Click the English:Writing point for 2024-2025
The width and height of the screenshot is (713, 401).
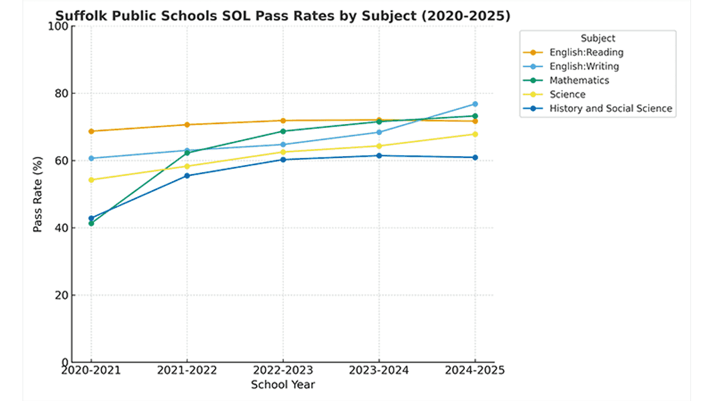pyautogui.click(x=475, y=104)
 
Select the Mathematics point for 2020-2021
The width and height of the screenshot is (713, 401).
pyautogui.click(x=91, y=223)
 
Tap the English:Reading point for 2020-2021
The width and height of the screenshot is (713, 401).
pyautogui.click(x=91, y=131)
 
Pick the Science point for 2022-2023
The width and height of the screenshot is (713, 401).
pyautogui.click(x=283, y=152)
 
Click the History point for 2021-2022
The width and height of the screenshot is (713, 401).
pyautogui.click(x=187, y=176)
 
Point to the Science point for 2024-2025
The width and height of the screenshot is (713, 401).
pyautogui.click(x=475, y=134)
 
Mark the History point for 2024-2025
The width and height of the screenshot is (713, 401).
pyautogui.click(x=475, y=157)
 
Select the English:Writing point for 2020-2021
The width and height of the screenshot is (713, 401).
pyautogui.click(x=91, y=159)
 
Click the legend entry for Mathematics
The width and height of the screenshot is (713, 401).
pyautogui.click(x=579, y=80)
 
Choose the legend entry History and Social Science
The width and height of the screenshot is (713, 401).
pyautogui.click(x=610, y=108)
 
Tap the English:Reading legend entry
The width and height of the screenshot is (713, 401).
pyautogui.click(x=586, y=52)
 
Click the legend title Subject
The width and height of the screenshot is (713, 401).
pyautogui.click(x=598, y=39)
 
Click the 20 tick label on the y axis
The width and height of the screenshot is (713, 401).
pyautogui.click(x=59, y=295)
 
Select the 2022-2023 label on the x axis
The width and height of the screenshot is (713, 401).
pyautogui.click(x=283, y=371)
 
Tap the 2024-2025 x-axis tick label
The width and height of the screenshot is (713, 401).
pyautogui.click(x=475, y=371)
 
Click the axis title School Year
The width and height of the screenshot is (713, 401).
pyautogui.click(x=283, y=385)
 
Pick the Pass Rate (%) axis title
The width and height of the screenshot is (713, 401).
pyautogui.click(x=38, y=194)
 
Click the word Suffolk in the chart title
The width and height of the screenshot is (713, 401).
pyautogui.click(x=77, y=16)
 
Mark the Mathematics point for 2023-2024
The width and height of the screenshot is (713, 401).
pyautogui.click(x=379, y=121)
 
